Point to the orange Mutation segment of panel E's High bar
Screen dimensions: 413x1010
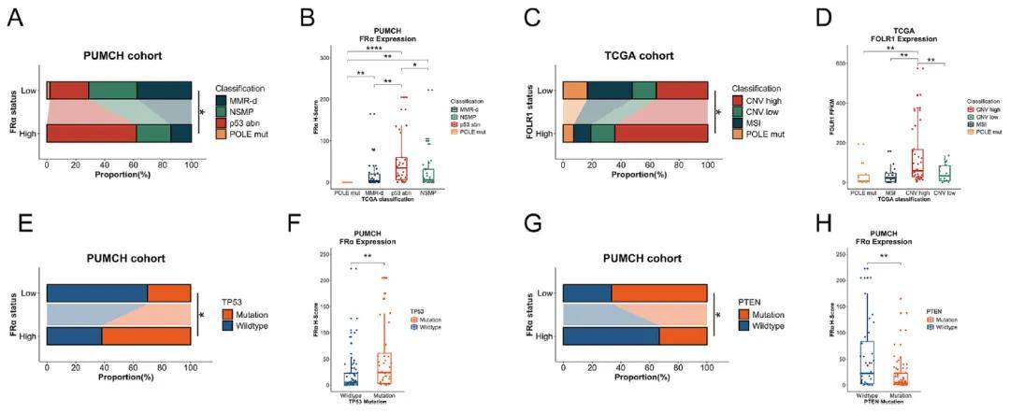coord(146,336)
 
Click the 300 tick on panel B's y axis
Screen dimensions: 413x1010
coord(324,58)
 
